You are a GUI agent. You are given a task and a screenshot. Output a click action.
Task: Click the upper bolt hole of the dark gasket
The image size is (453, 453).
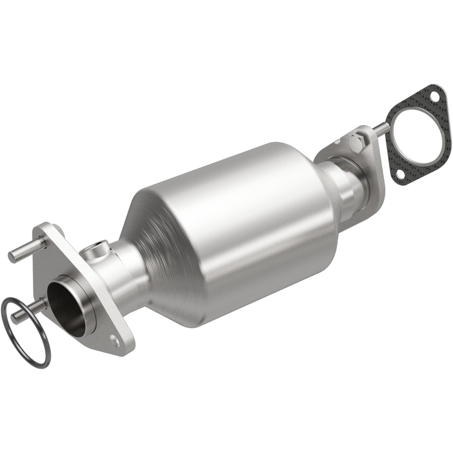(x=435, y=96)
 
